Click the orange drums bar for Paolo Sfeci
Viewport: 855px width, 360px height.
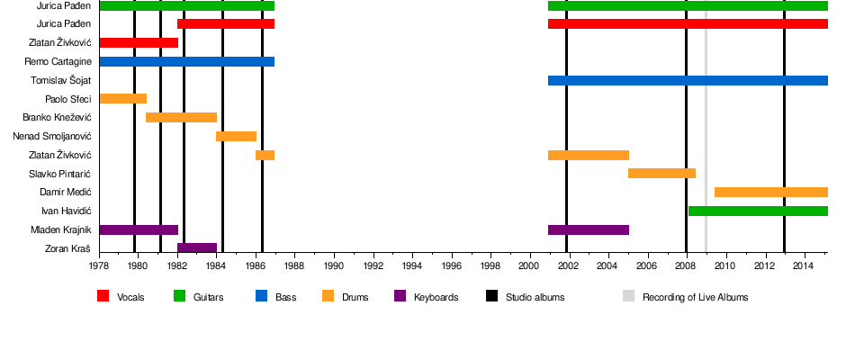point(122,99)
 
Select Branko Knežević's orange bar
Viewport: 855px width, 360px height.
point(181,118)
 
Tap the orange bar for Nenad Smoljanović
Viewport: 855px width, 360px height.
point(236,137)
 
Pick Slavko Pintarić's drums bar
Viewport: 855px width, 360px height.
point(661,174)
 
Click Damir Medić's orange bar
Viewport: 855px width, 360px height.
point(770,193)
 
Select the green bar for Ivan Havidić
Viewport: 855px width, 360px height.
point(758,211)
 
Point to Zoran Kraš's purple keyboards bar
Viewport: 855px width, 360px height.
point(197,248)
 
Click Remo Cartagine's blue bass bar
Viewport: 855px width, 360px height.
point(186,62)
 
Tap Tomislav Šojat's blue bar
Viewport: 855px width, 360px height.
point(688,81)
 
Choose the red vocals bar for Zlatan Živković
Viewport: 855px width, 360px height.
point(139,43)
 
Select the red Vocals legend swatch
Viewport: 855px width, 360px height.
point(103,296)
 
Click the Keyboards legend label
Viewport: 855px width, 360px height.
point(436,297)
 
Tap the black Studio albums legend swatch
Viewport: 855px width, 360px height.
point(492,296)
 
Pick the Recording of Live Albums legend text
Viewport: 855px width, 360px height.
point(695,297)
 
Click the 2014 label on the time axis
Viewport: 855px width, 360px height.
point(805,266)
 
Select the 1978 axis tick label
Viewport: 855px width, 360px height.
point(99,266)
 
